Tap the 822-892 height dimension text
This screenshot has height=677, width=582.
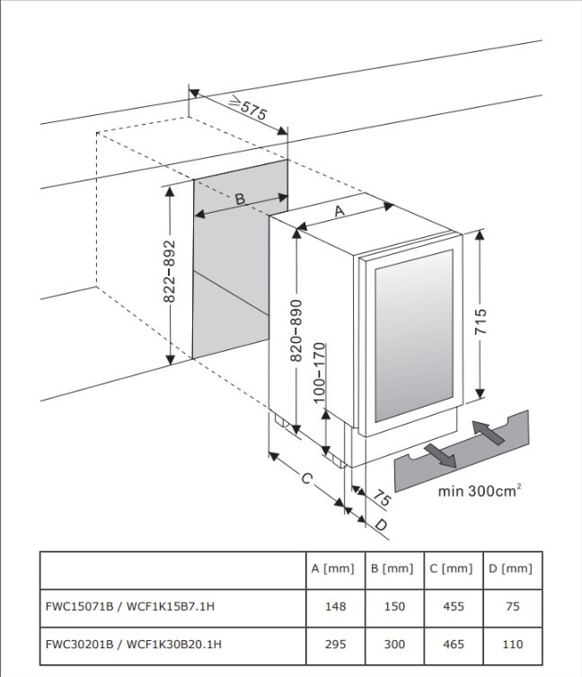pyautogui.click(x=171, y=276)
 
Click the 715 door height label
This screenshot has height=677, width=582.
pyautogui.click(x=482, y=321)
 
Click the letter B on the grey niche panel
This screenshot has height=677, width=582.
pyautogui.click(x=240, y=198)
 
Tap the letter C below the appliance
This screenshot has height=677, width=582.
pyautogui.click(x=306, y=479)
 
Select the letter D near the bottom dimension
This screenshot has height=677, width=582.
pyautogui.click(x=381, y=523)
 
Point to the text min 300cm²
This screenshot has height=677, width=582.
pyautogui.click(x=480, y=490)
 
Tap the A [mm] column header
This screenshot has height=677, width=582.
pyautogui.click(x=332, y=568)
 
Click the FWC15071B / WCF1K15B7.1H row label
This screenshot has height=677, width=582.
pyautogui.click(x=130, y=606)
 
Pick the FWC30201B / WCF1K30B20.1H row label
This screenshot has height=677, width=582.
pyautogui.click(x=133, y=644)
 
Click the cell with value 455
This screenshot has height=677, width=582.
pyautogui.click(x=454, y=606)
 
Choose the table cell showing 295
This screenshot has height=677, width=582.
pyautogui.click(x=335, y=644)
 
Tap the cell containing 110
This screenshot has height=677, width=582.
pyautogui.click(x=513, y=644)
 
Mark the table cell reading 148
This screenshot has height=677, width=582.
pyautogui.click(x=335, y=606)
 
